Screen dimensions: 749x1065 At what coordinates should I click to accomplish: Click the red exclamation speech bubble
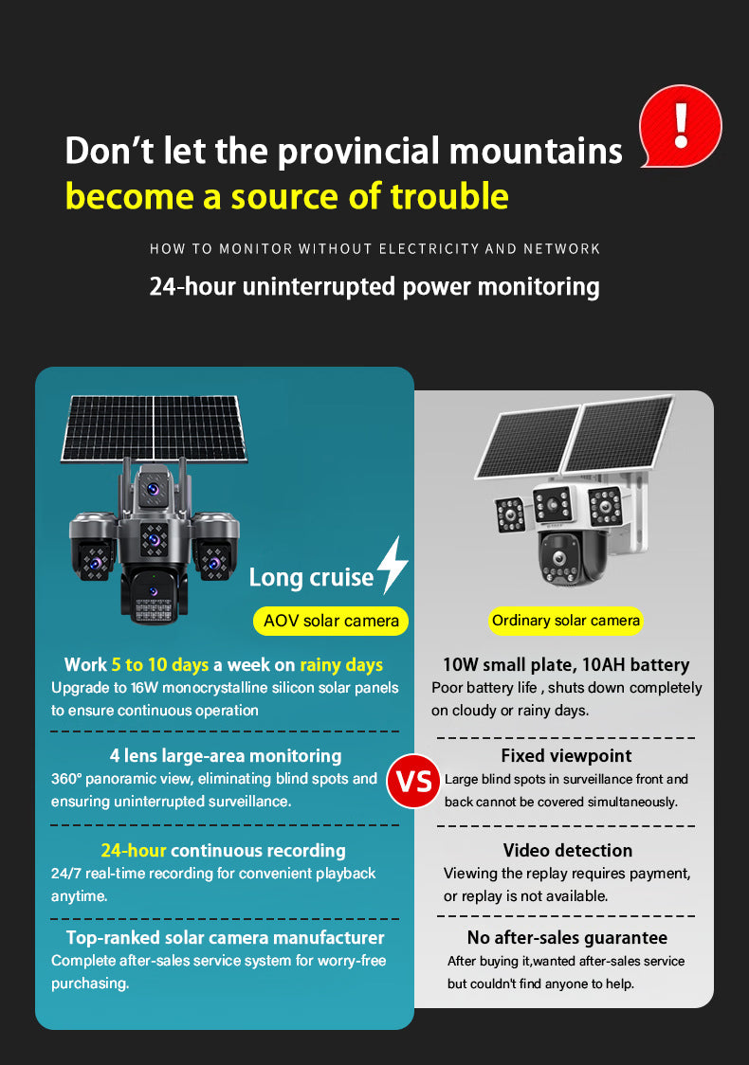pos(680,126)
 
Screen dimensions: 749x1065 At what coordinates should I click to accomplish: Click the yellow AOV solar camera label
pos(331,621)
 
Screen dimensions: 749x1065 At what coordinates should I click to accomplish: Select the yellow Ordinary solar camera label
pos(565,620)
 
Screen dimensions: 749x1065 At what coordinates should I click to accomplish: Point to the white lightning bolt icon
pos(393,565)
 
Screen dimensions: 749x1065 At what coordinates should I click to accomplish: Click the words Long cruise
pos(311,577)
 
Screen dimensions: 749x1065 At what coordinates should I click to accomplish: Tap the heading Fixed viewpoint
pos(566,755)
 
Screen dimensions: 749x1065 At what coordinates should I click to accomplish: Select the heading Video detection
pos(568,850)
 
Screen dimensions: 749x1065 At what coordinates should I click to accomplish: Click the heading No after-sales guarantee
pos(567,937)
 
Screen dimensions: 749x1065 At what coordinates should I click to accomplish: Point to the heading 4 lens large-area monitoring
pos(226,756)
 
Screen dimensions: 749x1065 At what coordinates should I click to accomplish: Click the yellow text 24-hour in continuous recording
pos(134,850)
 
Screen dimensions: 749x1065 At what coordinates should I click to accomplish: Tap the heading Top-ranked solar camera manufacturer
pos(225,937)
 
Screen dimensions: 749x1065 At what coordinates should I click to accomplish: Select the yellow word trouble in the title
pos(449,196)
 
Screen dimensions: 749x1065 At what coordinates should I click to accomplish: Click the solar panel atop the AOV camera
pos(154,428)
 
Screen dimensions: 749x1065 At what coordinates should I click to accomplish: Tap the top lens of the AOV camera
pos(154,488)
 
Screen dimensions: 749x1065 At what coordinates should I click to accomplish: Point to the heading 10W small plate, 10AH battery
pos(566,664)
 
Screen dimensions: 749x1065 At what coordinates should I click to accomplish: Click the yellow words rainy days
pos(341,665)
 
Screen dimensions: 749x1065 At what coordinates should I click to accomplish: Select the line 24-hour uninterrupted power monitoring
pos(374,287)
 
